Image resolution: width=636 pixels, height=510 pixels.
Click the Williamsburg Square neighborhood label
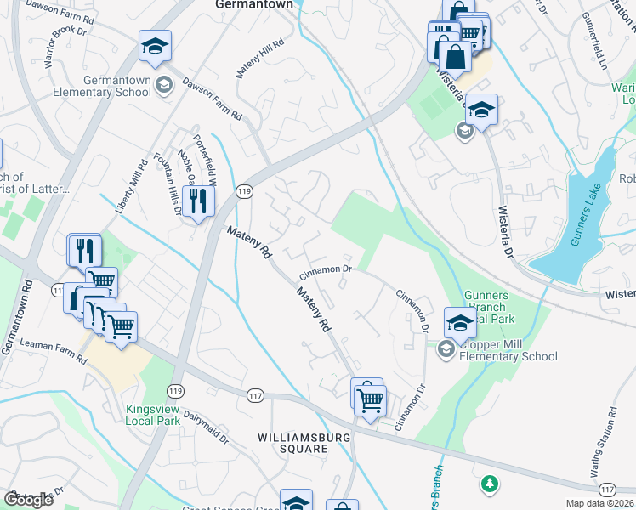[294, 442]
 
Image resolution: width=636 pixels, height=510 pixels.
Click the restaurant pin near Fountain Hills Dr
[198, 201]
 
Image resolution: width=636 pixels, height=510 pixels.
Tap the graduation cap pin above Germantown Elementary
[156, 46]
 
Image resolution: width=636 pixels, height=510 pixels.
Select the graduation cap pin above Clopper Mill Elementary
[460, 323]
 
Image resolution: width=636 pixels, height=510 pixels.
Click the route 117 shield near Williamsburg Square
[255, 396]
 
